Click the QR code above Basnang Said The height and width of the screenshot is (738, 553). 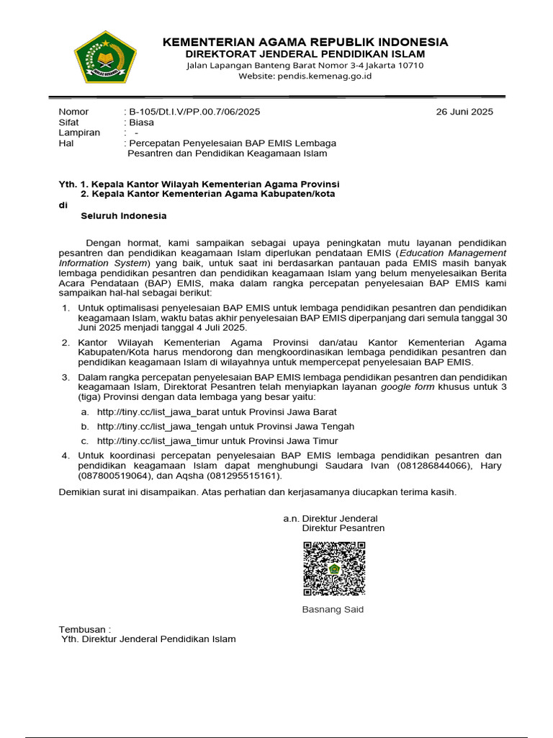(x=333, y=569)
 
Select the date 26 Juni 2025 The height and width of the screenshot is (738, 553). (x=465, y=112)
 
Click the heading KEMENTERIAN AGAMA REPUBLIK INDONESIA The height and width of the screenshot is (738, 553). (x=305, y=42)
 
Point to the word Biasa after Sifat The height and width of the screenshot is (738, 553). (x=141, y=123)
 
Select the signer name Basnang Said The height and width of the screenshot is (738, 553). (x=333, y=609)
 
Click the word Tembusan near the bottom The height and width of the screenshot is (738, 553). (x=82, y=628)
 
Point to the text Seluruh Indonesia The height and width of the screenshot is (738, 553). (x=123, y=215)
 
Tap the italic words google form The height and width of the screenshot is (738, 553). (x=406, y=387)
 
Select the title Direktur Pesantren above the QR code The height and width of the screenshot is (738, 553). (x=343, y=528)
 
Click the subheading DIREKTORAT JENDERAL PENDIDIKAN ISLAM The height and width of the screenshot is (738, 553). (x=305, y=54)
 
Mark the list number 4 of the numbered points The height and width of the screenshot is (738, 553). (x=65, y=455)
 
